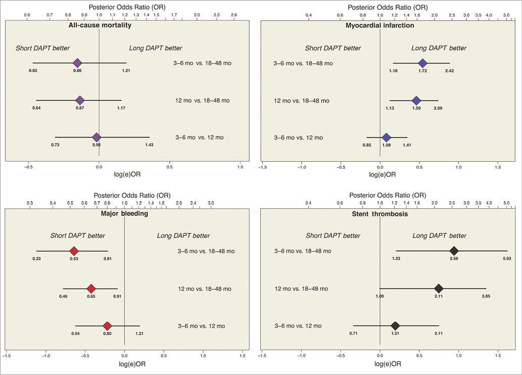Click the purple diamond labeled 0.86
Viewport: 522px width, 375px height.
[77, 63]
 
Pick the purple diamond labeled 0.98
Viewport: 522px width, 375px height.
[97, 137]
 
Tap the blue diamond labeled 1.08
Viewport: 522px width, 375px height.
[387, 137]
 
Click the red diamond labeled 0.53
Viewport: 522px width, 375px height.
[74, 251]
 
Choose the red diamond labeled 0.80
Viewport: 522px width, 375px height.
[107, 325]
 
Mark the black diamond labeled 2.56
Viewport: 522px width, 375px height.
[454, 251]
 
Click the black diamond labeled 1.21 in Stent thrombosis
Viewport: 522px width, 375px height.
[395, 325]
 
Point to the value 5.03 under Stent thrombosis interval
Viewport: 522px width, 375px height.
[507, 259]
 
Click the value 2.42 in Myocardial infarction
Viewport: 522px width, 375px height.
[449, 71]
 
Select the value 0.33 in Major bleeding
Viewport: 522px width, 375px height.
[37, 259]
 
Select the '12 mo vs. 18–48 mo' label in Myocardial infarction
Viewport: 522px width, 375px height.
[302, 101]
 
